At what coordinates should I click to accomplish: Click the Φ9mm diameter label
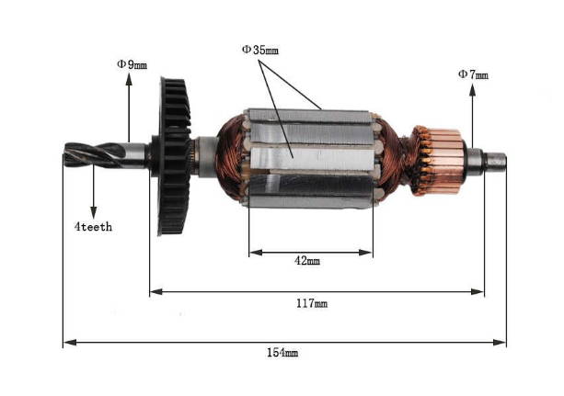[x=131, y=64]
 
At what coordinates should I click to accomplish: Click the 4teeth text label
[x=94, y=226]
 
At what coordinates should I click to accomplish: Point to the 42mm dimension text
[x=306, y=261]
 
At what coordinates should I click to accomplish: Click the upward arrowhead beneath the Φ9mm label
[x=132, y=81]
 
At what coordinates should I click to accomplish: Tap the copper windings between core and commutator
[x=390, y=156]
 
